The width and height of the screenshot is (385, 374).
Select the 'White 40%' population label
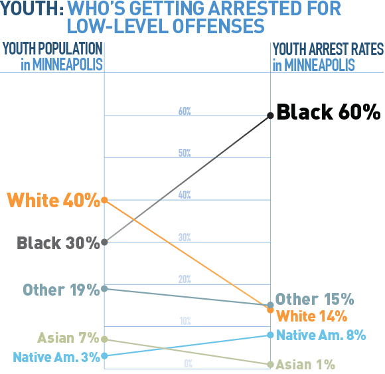52,199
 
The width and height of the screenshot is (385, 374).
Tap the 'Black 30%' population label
58,242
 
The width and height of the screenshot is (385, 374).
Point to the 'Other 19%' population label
60,290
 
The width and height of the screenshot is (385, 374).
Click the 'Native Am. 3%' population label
56,357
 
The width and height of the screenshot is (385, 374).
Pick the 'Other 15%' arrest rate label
315,299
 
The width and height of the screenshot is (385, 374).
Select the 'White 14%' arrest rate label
311,316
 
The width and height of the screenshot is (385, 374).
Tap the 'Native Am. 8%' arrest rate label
321,335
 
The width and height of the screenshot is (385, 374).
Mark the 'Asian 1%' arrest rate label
305,364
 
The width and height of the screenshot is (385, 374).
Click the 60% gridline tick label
185,112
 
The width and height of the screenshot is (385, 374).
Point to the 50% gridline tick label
185,153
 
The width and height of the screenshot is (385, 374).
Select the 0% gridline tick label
188,363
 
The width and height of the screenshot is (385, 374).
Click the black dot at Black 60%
270,116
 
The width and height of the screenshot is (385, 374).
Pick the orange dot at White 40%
104,200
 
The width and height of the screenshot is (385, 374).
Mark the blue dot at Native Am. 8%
270,335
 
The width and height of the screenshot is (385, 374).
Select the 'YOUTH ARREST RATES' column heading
328,49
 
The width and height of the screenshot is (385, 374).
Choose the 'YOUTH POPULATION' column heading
52,49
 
